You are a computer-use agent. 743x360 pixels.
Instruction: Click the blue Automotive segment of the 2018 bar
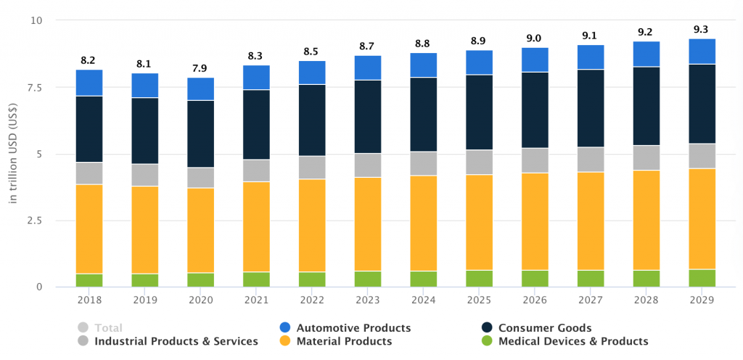point(89,83)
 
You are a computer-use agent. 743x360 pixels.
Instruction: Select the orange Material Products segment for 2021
point(256,226)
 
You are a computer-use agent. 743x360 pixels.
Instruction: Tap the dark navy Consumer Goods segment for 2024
point(424,114)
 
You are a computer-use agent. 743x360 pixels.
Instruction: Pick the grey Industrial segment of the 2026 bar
point(535,160)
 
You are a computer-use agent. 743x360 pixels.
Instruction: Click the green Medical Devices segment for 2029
point(702,278)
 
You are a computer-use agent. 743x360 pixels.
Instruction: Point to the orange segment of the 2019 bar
point(144,229)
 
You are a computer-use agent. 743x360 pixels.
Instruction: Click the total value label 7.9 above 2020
point(200,68)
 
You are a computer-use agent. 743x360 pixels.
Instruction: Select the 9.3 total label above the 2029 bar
point(702,29)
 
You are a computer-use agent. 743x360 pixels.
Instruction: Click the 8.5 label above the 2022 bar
point(312,52)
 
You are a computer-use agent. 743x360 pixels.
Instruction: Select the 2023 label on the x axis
point(368,300)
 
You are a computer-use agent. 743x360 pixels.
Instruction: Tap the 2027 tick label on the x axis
point(591,300)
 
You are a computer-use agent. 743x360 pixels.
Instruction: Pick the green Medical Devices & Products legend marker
point(488,341)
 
